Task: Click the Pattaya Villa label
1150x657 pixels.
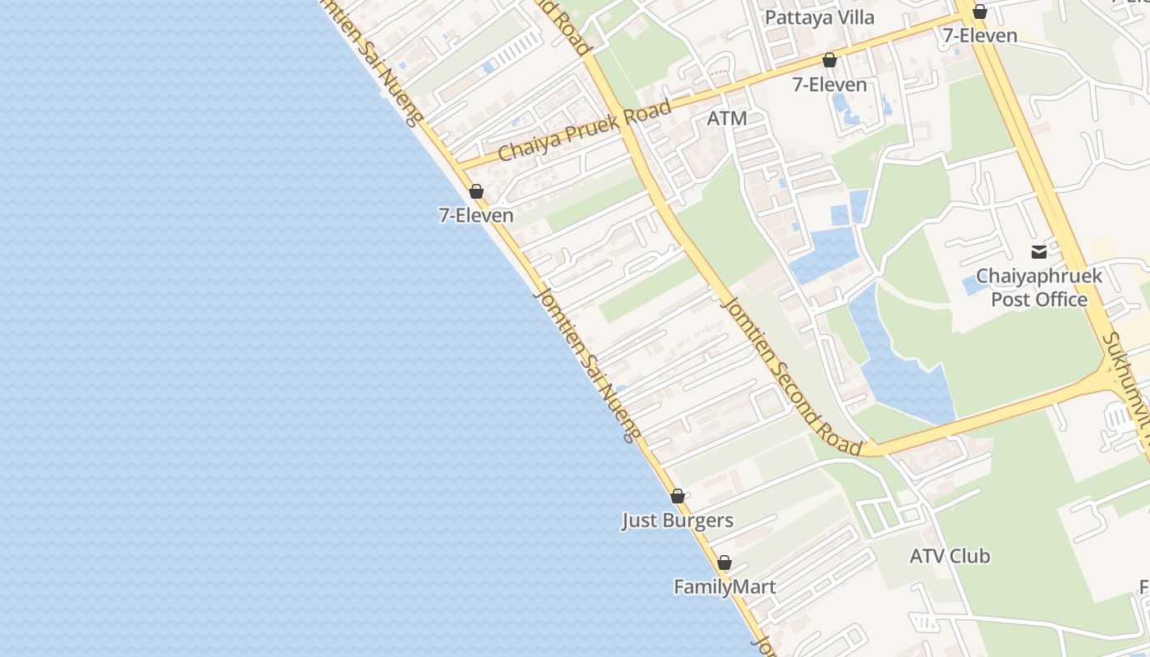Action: coord(819,17)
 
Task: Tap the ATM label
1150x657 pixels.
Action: coord(727,118)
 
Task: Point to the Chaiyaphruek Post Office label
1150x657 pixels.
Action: coord(1039,287)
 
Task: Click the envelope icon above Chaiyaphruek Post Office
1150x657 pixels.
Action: coord(1039,251)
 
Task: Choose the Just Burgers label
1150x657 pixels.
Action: coord(677,521)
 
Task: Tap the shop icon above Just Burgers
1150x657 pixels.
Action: coord(678,496)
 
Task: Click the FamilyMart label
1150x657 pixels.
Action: coord(724,587)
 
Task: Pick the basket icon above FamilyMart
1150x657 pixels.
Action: coord(724,563)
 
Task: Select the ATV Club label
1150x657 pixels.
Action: coord(950,556)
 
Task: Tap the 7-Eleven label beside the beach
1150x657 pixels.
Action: coord(476,215)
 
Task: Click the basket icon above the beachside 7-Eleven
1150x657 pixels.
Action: coord(476,191)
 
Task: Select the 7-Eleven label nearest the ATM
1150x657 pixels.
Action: coord(829,85)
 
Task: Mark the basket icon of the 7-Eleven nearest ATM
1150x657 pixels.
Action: coord(830,60)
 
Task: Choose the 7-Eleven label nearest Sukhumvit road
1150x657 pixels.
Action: coord(979,36)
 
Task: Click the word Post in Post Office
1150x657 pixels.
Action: coord(1009,300)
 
